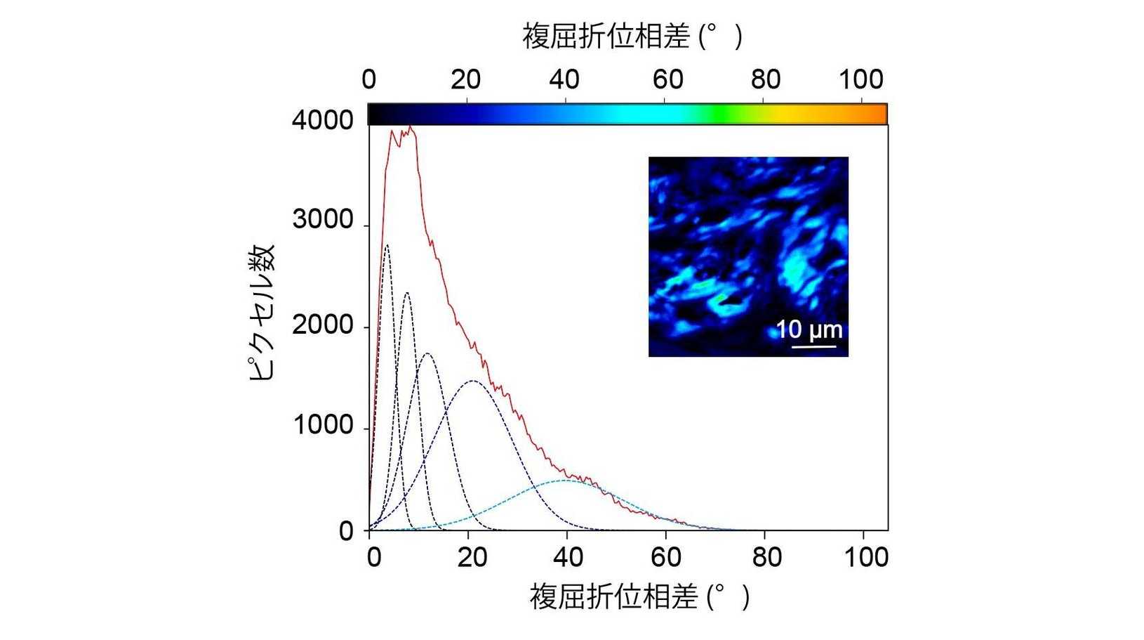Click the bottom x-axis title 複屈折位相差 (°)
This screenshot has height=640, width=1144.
coord(639,597)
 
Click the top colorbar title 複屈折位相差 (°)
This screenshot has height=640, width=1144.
coord(632,35)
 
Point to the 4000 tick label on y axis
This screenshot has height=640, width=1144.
coord(323,120)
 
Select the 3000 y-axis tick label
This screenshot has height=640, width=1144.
coord(323,221)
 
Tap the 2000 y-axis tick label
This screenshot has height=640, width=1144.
coord(323,325)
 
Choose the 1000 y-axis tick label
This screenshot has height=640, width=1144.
coord(323,426)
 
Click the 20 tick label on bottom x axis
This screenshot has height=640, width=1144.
coord(472,557)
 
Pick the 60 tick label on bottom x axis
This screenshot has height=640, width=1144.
coord(665,557)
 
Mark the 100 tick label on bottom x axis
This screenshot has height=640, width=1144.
coord(866,557)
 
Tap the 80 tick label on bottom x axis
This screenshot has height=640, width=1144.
coord(766,557)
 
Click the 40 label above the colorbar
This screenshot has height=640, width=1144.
coord(564,79)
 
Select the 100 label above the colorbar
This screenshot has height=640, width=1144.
coord(861,79)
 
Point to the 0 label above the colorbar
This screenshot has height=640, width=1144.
coord(369,79)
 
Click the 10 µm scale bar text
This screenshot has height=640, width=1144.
coord(809,329)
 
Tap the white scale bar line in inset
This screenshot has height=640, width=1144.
coord(814,346)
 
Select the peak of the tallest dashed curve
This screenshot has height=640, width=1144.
coord(387,245)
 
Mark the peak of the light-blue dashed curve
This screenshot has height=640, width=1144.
coord(566,481)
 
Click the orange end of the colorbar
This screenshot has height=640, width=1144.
coord(880,114)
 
